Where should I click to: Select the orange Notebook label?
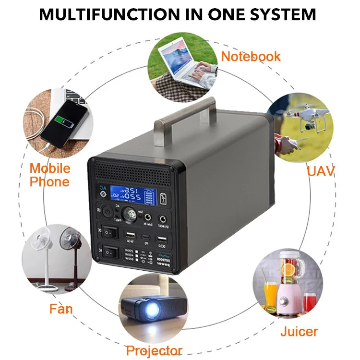tap(251, 57)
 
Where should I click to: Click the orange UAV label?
tap(321, 170)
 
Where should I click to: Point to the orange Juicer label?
tap(299, 331)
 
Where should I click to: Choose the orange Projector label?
tap(154, 350)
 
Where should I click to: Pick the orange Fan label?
tap(61, 308)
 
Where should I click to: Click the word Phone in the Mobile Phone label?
tap(49, 182)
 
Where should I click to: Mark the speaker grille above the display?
tap(132, 173)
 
